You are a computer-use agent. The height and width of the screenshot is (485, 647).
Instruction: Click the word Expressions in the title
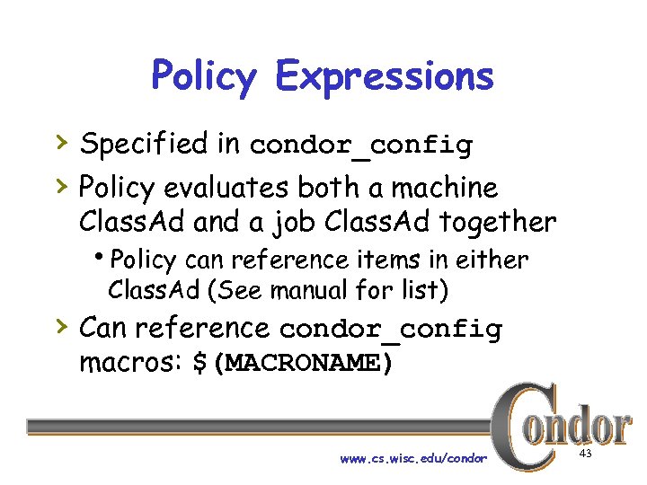(x=385, y=76)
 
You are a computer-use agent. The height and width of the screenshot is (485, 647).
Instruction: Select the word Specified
(x=144, y=143)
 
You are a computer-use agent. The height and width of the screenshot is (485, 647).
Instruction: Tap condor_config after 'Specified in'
(x=360, y=145)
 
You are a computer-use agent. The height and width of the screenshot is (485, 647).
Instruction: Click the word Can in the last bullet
(x=103, y=328)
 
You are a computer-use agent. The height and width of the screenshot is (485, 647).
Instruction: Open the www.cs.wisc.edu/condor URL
(x=413, y=458)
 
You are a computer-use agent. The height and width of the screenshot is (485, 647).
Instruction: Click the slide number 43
(x=585, y=455)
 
